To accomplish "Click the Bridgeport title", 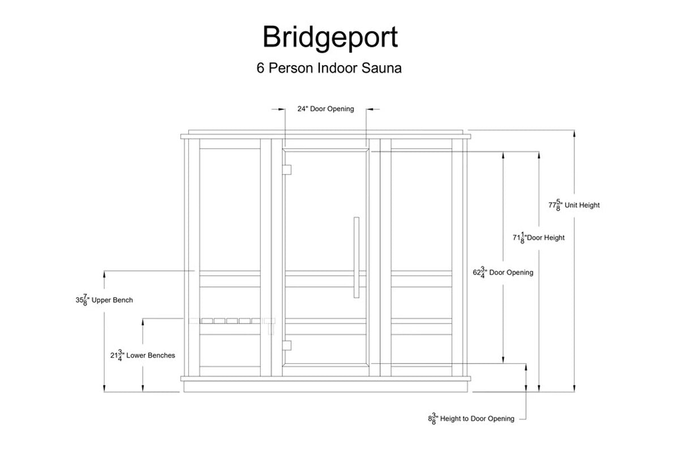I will [330, 37].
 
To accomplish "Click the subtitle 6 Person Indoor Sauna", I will [329, 69].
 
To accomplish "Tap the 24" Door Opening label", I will [325, 109].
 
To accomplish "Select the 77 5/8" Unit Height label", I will [574, 205].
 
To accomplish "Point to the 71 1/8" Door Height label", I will [538, 238].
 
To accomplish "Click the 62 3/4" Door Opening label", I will [503, 272].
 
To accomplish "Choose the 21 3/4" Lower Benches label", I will [143, 356].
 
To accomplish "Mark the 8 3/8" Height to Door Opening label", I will [471, 418].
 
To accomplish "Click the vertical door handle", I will [356, 257].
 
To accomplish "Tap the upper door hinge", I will [287, 169].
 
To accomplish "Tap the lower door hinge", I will [287, 345].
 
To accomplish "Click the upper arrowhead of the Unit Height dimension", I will [574, 134].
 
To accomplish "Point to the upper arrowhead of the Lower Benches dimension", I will [143, 322].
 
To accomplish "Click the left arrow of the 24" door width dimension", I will [281, 109].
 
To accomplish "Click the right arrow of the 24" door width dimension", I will [370, 109].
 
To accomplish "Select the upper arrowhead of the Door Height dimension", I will [539, 155].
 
